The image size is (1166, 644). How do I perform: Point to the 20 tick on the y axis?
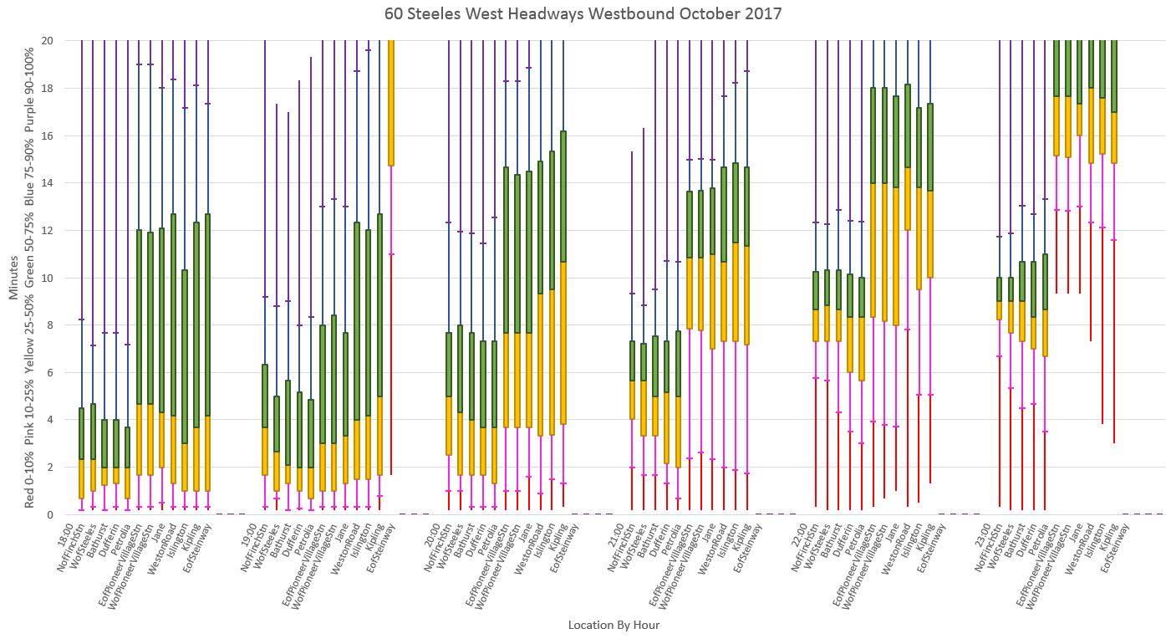48,40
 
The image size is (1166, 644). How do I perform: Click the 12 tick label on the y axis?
48,230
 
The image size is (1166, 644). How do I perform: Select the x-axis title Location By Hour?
614,625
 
